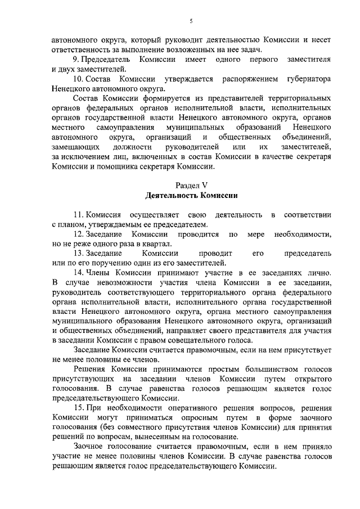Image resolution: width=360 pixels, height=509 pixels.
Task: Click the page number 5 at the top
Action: [x=191, y=21]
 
